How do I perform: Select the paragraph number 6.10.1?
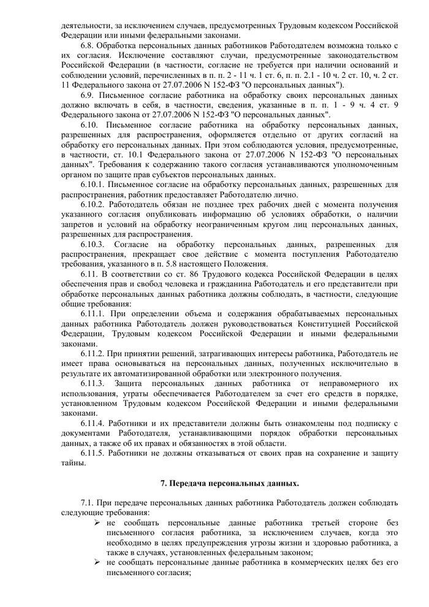(x=96, y=184)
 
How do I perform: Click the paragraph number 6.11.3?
(x=96, y=382)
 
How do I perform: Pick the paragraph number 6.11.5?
(x=96, y=452)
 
